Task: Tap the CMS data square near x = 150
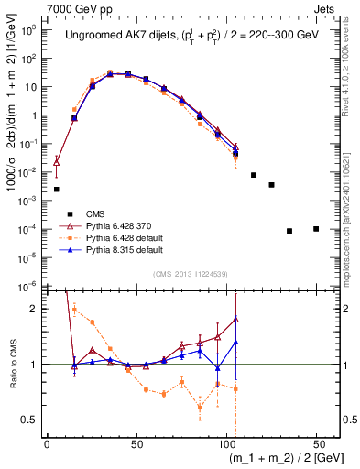(316, 229)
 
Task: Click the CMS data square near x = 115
(254, 175)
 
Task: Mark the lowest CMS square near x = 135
(289, 231)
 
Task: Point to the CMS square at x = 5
(57, 190)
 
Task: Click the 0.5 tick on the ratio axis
(33, 420)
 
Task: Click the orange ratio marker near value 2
(74, 309)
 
